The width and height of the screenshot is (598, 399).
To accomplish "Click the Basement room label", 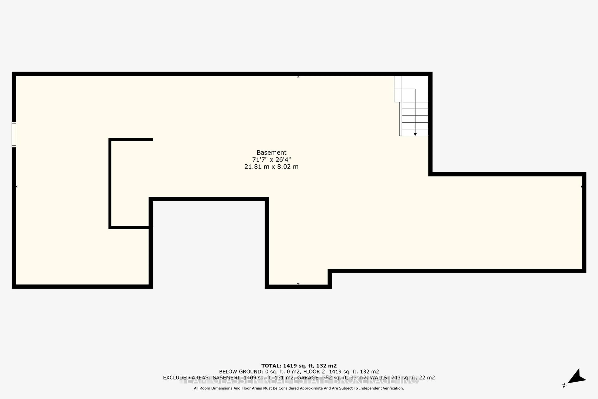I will point(271,152).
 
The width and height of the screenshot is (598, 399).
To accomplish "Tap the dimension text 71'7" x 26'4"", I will point(271,160).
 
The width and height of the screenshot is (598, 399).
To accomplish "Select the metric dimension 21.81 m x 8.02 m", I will point(271,167).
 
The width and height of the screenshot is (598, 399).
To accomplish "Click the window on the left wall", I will point(14,134).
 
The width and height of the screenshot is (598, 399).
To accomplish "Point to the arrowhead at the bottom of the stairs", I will point(415,134).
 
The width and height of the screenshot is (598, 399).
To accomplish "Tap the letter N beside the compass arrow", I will point(564,385).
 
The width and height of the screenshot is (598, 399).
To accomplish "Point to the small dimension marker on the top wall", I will point(298,77).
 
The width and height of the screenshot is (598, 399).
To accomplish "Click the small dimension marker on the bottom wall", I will point(298,284).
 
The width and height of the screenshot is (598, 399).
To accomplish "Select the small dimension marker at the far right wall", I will point(581,187).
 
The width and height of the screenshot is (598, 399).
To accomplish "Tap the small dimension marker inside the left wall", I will point(17,187).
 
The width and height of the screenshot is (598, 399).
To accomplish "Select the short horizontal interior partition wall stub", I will point(131,139).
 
